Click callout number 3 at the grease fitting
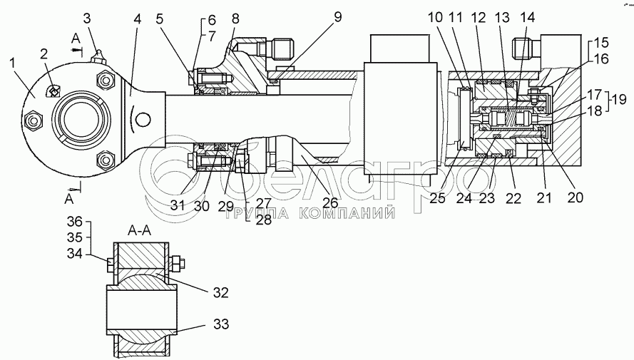click(86, 17)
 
